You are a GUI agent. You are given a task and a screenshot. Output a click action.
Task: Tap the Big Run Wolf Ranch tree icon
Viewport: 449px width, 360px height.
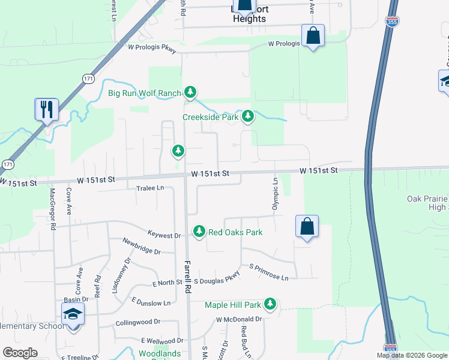[190, 92]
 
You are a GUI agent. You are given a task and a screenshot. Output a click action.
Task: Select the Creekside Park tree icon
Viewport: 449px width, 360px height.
[247, 116]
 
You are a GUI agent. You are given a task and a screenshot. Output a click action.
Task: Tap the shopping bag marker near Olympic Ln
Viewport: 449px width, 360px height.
[307, 227]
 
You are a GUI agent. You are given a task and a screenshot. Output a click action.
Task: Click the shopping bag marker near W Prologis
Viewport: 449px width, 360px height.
[313, 36]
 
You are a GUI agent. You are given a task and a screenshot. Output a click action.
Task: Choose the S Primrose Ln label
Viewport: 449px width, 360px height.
[269, 273]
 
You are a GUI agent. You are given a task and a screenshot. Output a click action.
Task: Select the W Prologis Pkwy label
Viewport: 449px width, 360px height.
[152, 49]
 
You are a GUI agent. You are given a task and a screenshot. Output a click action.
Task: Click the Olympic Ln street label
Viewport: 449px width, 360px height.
[276, 193]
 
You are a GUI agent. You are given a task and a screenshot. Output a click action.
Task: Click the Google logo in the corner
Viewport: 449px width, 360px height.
[20, 353]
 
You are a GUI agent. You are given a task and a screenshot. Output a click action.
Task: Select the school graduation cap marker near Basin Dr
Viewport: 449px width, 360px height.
[73, 314]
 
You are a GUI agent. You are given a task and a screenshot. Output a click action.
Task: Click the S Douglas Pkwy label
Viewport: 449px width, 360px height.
[217, 278]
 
